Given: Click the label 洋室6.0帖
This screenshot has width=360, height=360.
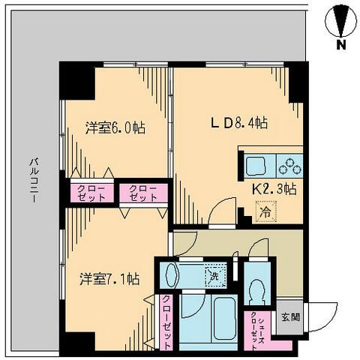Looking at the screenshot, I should [x=114, y=128].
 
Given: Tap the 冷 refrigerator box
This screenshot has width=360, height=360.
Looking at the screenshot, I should [x=264, y=213].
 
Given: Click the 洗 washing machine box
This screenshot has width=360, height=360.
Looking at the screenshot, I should [x=216, y=275].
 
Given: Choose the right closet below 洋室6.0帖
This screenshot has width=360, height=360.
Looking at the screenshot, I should [x=142, y=193].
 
